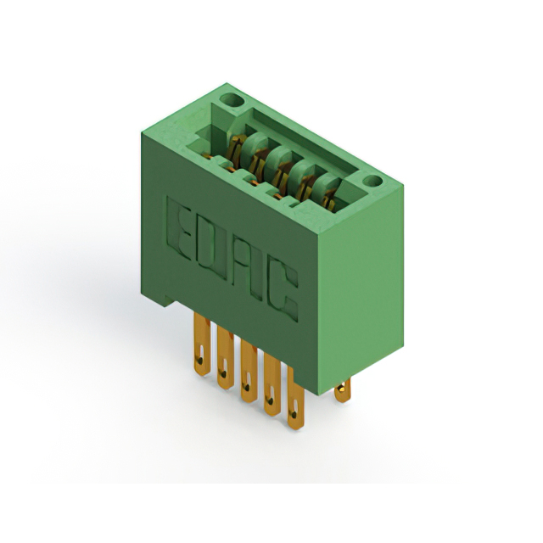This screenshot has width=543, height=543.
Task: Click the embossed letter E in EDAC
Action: [179, 229]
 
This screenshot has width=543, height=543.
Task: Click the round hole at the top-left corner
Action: [232, 100]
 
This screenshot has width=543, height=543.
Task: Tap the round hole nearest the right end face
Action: [372, 181]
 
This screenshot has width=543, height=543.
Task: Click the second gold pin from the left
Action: [225, 358]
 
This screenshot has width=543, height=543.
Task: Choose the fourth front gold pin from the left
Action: [271, 384]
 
